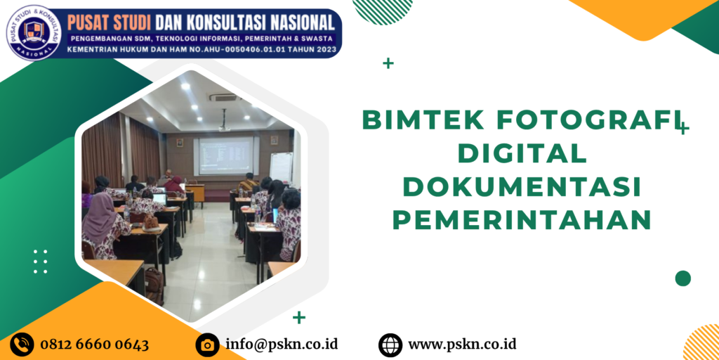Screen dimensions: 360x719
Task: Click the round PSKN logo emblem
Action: pos(34,33)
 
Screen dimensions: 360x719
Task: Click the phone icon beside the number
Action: pos(22,344)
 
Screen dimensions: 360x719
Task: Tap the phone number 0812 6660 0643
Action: pos(95,345)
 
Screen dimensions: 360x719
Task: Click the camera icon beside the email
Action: pos(207,345)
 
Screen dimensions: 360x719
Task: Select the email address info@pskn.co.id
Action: pos(282,345)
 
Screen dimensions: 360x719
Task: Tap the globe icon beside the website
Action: pos(390,345)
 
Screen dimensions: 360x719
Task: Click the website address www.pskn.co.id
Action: pos(463,345)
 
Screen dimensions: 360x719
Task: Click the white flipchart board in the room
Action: pos(282,168)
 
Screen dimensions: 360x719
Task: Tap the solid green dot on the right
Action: pos(682,278)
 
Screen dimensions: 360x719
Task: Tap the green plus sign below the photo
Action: pos(299,317)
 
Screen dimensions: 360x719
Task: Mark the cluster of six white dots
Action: pos(40,262)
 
